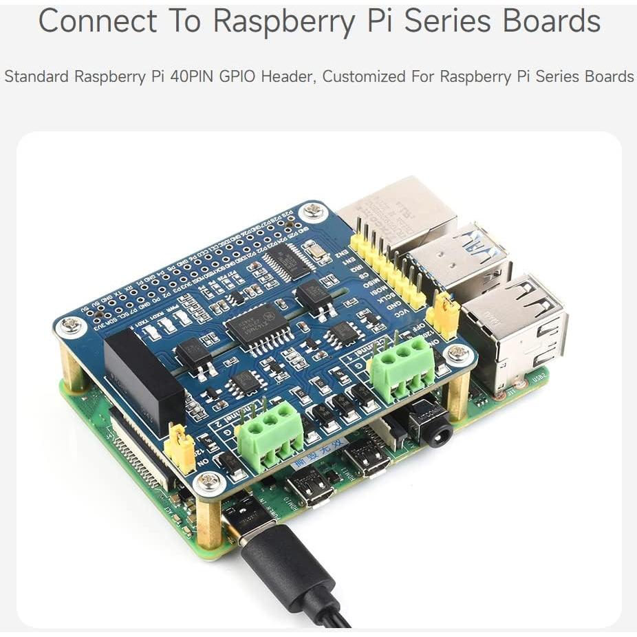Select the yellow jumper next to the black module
click(x=180, y=448)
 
